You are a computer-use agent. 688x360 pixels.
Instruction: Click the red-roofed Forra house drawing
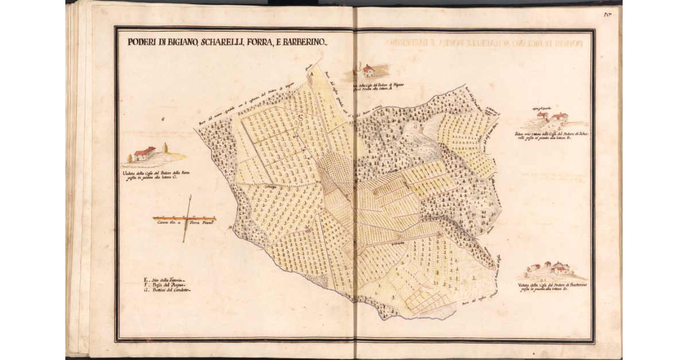145,154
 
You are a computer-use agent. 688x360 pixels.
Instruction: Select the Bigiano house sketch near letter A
368,71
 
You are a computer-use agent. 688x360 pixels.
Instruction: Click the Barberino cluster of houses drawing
549,268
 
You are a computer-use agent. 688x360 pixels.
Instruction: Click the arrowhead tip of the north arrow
190,197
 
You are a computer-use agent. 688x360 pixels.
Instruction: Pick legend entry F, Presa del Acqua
166,284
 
